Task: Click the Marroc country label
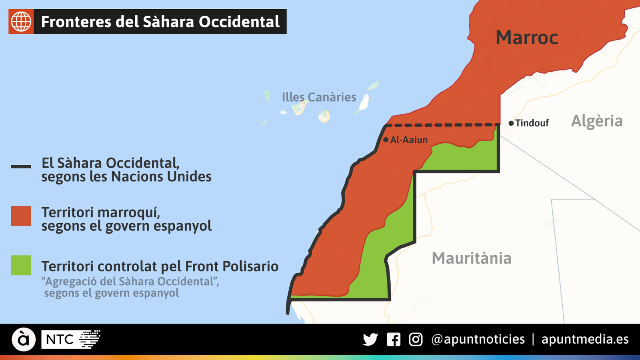click(527, 38)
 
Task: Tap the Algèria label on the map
click(597, 121)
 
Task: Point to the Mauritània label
click(472, 258)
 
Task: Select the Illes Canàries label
click(319, 97)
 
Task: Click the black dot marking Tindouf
click(511, 123)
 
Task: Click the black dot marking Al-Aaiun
click(386, 140)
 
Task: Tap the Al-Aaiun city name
click(409, 140)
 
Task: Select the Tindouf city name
click(532, 123)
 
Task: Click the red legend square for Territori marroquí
click(21, 216)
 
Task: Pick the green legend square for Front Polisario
click(21, 265)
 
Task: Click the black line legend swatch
click(21, 166)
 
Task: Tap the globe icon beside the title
click(21, 21)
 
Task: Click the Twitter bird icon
click(370, 340)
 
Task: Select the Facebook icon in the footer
click(394, 340)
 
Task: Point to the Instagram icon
click(416, 340)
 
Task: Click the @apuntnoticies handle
click(478, 340)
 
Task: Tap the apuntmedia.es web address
click(585, 340)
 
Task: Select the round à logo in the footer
click(24, 340)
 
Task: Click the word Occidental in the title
click(239, 22)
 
